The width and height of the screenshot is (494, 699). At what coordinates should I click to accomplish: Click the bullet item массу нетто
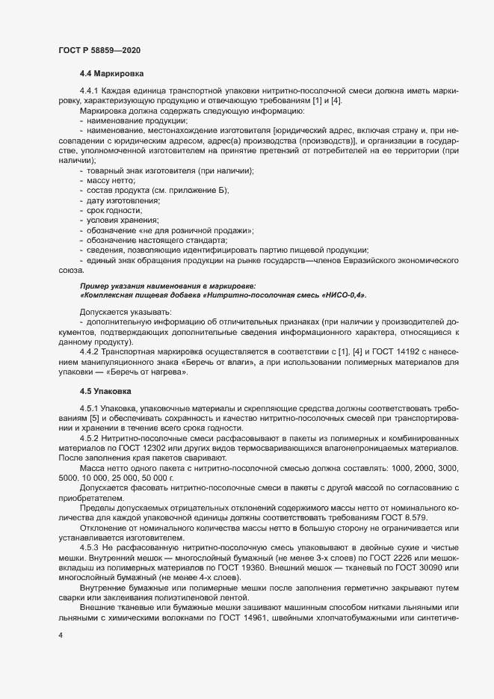(x=111, y=181)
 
